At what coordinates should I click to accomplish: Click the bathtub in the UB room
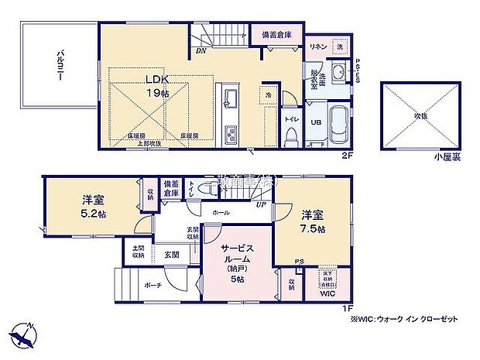338,125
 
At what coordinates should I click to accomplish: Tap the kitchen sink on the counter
231,100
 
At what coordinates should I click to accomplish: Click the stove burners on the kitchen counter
231,135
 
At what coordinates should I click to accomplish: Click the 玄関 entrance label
171,255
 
